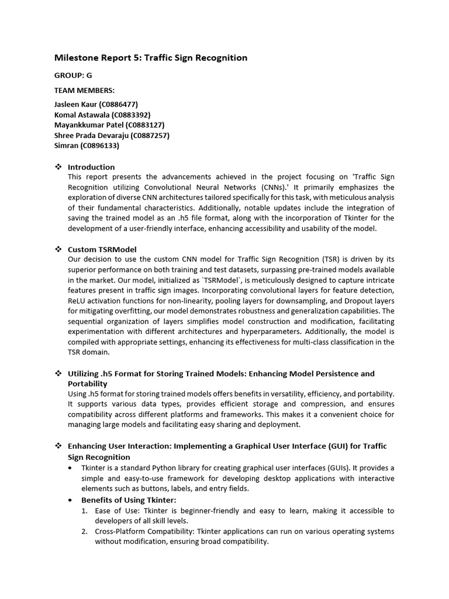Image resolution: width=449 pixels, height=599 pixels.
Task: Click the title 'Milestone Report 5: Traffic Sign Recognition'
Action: tap(151, 58)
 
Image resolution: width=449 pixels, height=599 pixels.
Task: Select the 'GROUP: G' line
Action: tap(73, 75)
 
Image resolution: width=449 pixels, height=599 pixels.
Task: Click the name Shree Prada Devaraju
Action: tap(92, 135)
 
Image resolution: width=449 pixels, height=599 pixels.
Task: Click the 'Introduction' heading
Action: tap(91, 167)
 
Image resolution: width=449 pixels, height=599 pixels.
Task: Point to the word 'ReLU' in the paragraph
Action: tap(77, 301)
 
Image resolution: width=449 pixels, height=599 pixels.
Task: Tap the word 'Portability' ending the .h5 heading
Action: tap(88, 384)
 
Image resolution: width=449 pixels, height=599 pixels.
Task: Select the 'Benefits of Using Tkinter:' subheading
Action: tap(129, 500)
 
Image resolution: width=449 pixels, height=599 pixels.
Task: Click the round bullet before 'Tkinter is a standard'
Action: tap(71, 468)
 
